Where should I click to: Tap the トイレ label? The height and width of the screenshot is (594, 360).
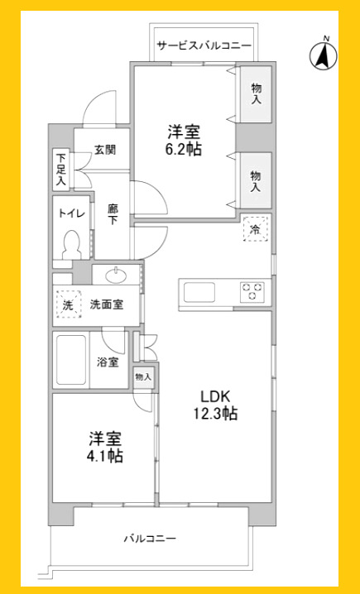pos(70,213)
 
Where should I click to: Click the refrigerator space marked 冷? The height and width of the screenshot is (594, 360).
pos(255,230)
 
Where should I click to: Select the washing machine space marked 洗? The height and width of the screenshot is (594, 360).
pos(68,304)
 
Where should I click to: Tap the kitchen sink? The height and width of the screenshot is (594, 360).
pos(199,292)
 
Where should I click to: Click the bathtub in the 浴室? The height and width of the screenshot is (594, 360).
pos(71,359)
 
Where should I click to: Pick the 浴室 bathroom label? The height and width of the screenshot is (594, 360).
pos(107,362)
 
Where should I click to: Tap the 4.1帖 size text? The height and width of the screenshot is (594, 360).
pos(103,454)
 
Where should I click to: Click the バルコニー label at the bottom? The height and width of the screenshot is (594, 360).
pos(150,539)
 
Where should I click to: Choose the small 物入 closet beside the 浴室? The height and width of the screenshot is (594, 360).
pos(143,376)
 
